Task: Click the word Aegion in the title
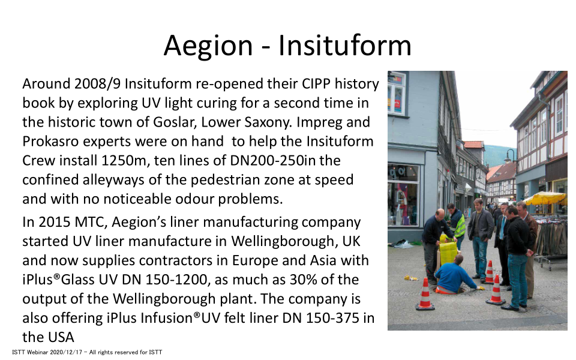(x=208, y=46)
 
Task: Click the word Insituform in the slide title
(x=344, y=45)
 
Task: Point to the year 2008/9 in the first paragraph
(x=97, y=84)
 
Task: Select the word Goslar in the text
(x=175, y=122)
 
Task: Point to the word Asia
(x=323, y=260)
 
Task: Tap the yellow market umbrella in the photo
(x=545, y=199)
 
